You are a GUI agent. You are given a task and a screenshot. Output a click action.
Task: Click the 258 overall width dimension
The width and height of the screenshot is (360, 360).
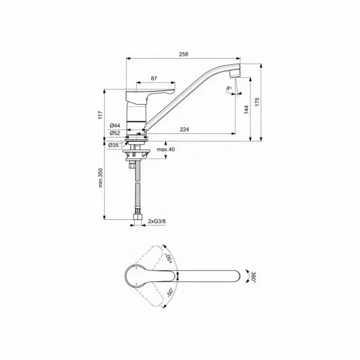183,54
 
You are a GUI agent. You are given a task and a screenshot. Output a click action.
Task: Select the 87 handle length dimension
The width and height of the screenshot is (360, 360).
154,78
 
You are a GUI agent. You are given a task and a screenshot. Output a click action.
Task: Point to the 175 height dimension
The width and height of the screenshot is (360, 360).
257,101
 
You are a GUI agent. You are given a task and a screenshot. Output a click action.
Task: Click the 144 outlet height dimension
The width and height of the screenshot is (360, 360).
246,109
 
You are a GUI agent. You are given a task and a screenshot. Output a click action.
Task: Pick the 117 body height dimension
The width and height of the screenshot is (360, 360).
101,115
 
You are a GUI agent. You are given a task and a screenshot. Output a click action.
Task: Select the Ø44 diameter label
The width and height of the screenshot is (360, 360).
114,126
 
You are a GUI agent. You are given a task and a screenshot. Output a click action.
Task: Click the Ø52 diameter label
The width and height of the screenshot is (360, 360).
114,133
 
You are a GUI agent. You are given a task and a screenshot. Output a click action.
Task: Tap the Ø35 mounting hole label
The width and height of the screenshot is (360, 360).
114,144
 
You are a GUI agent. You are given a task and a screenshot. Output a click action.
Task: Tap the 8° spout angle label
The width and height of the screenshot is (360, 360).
229,88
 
